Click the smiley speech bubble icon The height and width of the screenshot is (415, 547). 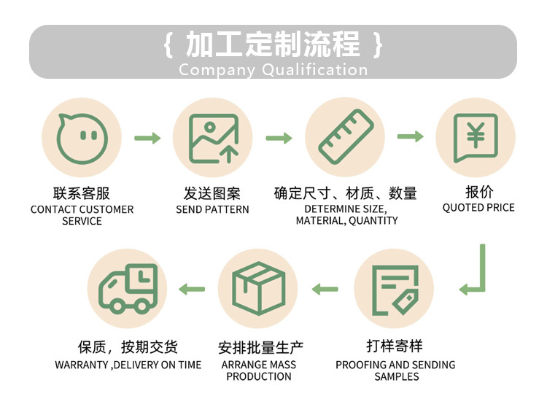tap(81, 137)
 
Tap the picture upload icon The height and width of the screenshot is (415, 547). tap(213, 137)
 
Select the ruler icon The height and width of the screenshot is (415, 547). tap(344, 137)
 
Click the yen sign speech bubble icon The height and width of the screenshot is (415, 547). tap(475, 137)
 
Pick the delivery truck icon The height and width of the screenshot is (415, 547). tap(127, 288)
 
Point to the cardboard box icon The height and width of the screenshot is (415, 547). tap(258, 288)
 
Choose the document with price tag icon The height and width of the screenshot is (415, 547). tap(394, 289)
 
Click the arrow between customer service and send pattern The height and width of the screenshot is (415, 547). tap(147, 137)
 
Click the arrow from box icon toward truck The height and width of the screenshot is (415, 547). tap(193, 289)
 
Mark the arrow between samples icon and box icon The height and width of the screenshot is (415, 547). tap(325, 289)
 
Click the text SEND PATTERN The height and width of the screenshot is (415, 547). tap(212, 209)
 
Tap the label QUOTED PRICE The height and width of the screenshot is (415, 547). tap(478, 208)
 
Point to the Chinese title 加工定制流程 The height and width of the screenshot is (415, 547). tap(273, 45)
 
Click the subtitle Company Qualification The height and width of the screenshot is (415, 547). tap(273, 70)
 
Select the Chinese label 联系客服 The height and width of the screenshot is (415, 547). tap(82, 193)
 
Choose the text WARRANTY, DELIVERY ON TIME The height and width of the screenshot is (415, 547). tap(128, 365)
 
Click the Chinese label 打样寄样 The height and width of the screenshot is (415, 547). tap(395, 346)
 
